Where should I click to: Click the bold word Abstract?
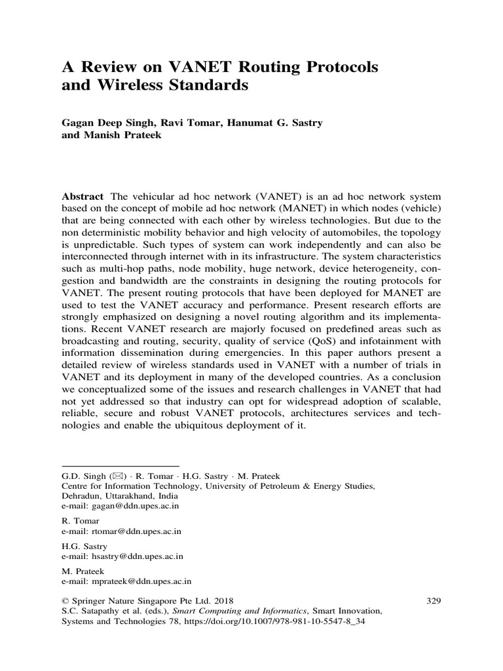coord(83,197)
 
